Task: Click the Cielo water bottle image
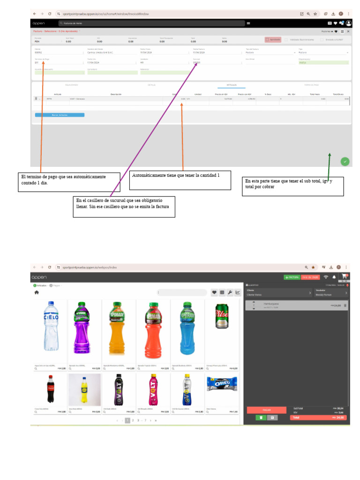tap(51, 327)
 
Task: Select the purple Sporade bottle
tap(85, 327)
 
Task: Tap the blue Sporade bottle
tap(187, 327)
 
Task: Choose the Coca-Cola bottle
tap(51, 389)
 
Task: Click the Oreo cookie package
tap(221, 384)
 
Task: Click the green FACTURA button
tap(292, 277)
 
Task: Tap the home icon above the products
tap(37, 292)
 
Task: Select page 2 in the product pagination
tap(133, 420)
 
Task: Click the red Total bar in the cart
tap(318, 417)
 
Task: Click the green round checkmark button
tap(345, 161)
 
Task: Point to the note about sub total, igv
tap(293, 186)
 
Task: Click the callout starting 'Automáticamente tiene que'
tap(180, 180)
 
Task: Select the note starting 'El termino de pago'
tap(70, 182)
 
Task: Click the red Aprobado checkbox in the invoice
tap(267, 40)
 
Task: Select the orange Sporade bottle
tap(119, 327)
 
